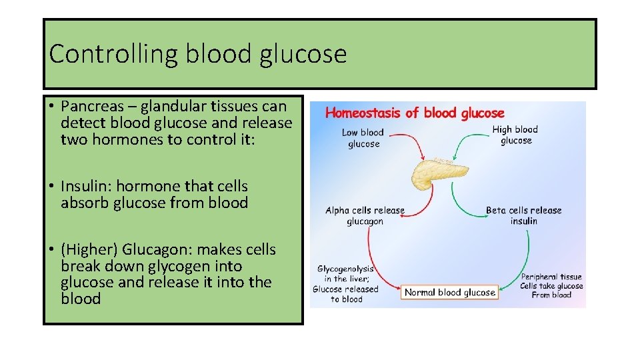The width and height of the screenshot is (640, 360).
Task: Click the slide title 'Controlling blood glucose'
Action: tap(198, 53)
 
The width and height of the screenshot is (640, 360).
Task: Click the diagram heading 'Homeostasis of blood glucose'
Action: tap(414, 113)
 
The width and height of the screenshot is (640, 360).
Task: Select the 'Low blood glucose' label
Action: tap(363, 138)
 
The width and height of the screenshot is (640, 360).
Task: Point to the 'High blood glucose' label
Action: tap(515, 135)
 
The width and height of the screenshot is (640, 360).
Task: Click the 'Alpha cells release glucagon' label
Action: tap(365, 216)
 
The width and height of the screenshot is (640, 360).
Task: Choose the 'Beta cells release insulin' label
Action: tap(523, 215)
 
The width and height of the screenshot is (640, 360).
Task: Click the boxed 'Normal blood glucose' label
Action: tap(450, 292)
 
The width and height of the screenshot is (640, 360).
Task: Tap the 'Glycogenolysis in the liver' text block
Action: tap(346, 284)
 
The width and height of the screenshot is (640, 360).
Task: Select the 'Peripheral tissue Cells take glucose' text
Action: tap(551, 285)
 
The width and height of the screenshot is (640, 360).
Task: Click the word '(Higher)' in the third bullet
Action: tap(87, 250)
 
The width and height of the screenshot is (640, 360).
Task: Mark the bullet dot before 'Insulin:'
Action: tap(51, 187)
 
